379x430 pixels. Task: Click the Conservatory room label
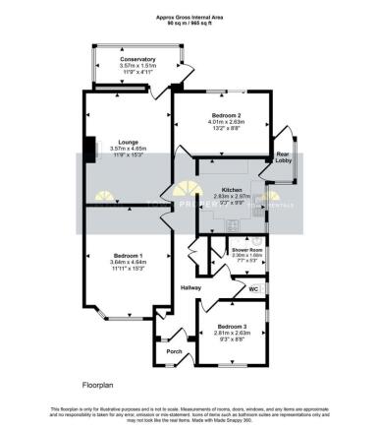point(138,60)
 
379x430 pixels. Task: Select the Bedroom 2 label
point(225,116)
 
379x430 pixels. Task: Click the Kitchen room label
point(232,189)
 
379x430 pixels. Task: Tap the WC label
point(253,289)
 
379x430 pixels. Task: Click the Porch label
point(175,351)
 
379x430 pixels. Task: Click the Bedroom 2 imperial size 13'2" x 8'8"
point(225,129)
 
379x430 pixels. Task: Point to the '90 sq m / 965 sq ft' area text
point(189,24)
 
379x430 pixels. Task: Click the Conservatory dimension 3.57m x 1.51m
point(138,67)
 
